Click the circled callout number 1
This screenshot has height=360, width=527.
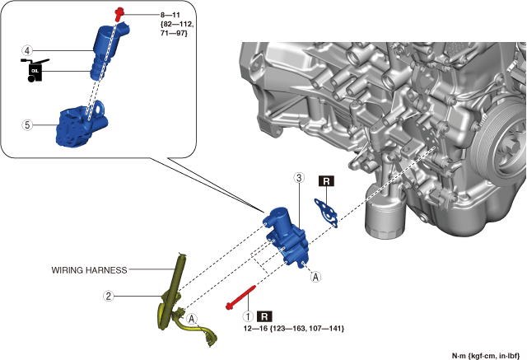pyautogui.click(x=245, y=316)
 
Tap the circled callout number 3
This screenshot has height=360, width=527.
pyautogui.click(x=299, y=177)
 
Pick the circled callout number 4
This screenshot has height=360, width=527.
pyautogui.click(x=27, y=51)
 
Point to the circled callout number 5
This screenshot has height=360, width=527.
pyautogui.click(x=27, y=125)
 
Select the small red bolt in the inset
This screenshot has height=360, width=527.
pyautogui.click(x=120, y=12)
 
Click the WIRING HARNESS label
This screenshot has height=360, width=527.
pyautogui.click(x=86, y=269)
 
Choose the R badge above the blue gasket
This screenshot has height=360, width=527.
pyautogui.click(x=327, y=182)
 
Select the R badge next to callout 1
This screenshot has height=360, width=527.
pyautogui.click(x=265, y=316)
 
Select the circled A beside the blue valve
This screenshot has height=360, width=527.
pyautogui.click(x=315, y=278)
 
